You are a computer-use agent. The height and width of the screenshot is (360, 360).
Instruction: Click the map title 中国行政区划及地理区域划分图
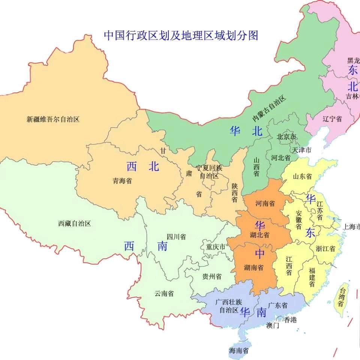pos(181,36)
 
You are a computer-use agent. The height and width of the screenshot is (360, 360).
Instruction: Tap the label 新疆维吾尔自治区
pos(53,120)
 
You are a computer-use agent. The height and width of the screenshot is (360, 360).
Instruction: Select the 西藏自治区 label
pos(75,223)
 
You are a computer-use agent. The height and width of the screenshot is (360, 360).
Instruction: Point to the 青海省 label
pos(122,181)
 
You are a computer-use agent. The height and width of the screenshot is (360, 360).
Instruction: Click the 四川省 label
pos(176,237)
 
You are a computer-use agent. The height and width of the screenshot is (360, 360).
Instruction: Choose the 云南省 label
pos(164,294)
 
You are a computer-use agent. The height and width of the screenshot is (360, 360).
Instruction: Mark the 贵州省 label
pos(212,276)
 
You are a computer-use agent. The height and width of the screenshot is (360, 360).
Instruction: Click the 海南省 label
pos(239,351)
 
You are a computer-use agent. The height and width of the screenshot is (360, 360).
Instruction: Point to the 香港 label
pos(290,320)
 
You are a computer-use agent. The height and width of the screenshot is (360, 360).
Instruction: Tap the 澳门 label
pos(273,325)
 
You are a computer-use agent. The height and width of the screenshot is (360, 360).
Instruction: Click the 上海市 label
pos(351,226)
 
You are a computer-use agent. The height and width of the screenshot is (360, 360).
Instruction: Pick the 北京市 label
pos(286,137)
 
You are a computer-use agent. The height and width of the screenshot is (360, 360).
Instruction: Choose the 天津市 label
pos(302,150)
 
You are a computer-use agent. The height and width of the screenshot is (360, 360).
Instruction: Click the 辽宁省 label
pos(332,119)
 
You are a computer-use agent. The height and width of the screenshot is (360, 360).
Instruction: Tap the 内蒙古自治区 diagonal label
pos(269,108)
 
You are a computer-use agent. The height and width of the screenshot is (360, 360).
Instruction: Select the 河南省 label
pos(265,203)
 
